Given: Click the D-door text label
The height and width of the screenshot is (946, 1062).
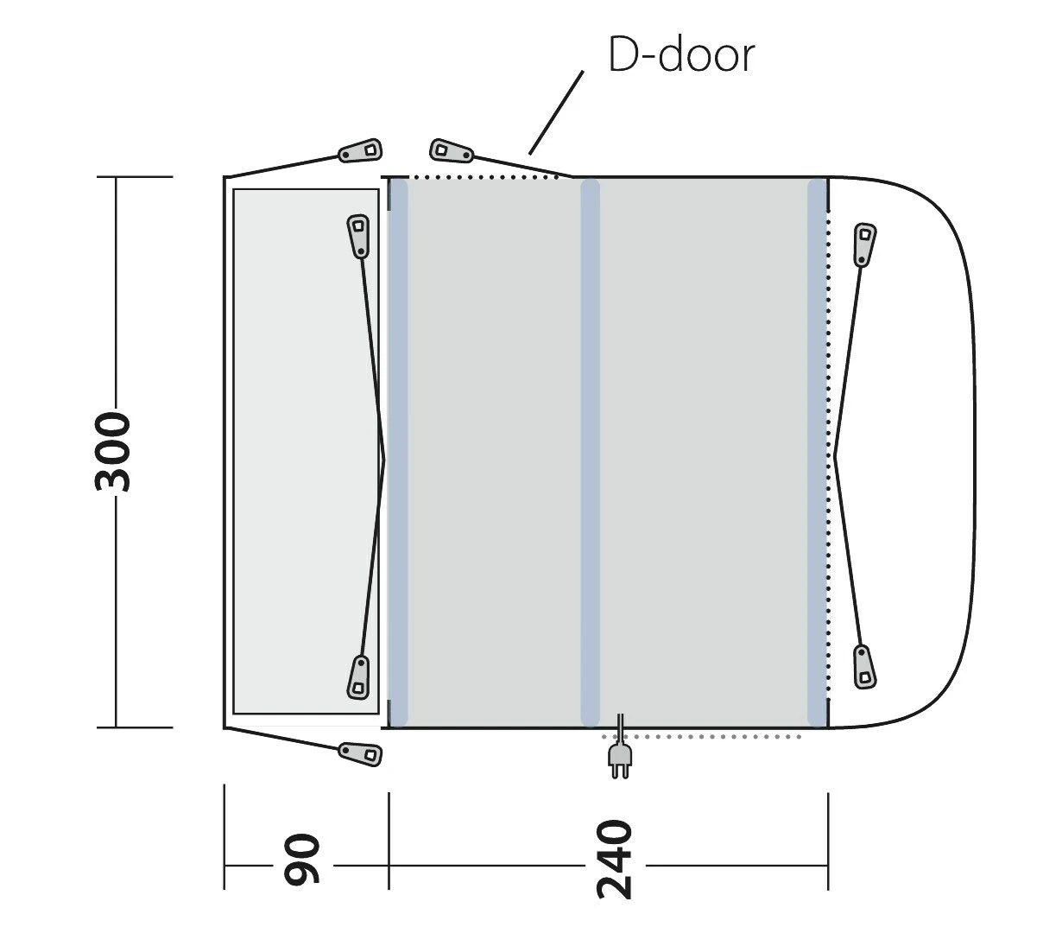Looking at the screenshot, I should pyautogui.click(x=681, y=55).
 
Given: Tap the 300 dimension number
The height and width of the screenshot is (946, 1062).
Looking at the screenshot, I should pyautogui.click(x=114, y=452).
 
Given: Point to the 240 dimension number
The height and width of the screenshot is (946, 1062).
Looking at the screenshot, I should pyautogui.click(x=616, y=860).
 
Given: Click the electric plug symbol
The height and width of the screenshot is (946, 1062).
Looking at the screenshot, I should pyautogui.click(x=619, y=759).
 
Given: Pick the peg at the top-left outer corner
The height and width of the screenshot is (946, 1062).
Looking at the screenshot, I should pyautogui.click(x=360, y=151).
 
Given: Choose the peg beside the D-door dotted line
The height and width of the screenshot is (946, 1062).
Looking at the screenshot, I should pyautogui.click(x=452, y=151).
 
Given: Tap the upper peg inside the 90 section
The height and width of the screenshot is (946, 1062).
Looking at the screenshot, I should pyautogui.click(x=358, y=236).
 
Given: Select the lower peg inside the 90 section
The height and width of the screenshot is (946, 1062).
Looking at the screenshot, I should pyautogui.click(x=359, y=676).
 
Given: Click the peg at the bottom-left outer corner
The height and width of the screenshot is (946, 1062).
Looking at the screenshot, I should pyautogui.click(x=360, y=752).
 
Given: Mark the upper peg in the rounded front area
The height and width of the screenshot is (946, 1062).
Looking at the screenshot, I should pyautogui.click(x=864, y=244).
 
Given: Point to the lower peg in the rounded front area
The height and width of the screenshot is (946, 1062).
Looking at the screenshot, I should pyautogui.click(x=863, y=666).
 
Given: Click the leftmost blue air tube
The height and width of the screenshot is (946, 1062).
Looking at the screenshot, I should pyautogui.click(x=398, y=452).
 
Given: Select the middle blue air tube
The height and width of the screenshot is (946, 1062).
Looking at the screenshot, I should pyautogui.click(x=591, y=452).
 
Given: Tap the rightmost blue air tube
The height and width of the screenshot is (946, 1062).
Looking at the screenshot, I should pyautogui.click(x=817, y=452).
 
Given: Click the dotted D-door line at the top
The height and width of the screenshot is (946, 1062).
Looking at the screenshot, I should pyautogui.click(x=484, y=177).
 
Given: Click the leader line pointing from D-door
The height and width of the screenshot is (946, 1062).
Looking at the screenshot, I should pyautogui.click(x=555, y=112).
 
